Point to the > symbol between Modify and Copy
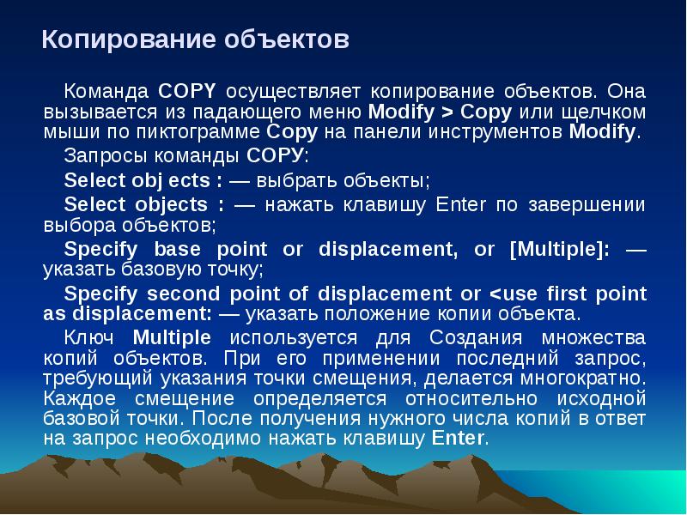click(x=448, y=112)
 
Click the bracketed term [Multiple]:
click(x=560, y=249)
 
